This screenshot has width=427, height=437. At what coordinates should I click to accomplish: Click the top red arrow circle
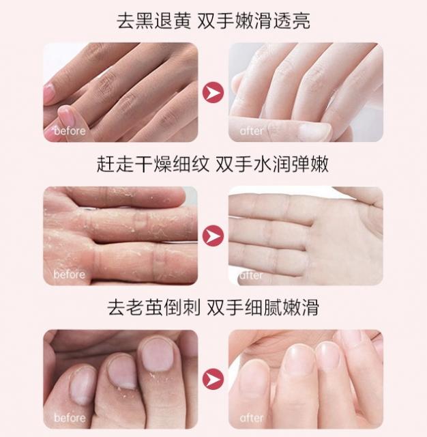click(213, 92)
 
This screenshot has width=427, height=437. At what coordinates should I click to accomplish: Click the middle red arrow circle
click(213, 236)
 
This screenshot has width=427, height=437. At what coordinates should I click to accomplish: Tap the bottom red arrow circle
click(213, 379)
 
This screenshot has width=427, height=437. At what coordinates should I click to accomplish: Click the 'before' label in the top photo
click(70, 130)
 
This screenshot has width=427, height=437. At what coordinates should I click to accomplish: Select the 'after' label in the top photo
click(251, 130)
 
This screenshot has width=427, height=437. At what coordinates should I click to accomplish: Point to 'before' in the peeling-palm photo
click(70, 274)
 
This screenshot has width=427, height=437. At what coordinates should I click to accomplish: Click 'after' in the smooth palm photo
click(251, 275)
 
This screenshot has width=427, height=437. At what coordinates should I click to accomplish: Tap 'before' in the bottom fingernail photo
click(70, 418)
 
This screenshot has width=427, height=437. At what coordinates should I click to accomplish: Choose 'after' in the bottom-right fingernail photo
click(251, 418)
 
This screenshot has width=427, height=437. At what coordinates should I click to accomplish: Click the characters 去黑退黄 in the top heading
click(154, 21)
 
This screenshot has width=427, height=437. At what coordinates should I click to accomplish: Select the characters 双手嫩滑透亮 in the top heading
click(254, 21)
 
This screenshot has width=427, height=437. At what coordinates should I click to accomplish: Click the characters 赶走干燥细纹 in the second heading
click(153, 164)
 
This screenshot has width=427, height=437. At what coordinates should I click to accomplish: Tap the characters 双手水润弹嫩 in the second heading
click(272, 164)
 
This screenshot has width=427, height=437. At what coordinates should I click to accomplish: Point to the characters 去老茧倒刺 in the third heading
click(154, 307)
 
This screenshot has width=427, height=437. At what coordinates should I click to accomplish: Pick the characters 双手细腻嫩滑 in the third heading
click(263, 307)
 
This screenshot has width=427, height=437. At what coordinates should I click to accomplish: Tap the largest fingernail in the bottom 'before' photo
click(157, 355)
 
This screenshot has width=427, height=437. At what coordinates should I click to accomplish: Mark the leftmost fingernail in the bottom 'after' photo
click(253, 380)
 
